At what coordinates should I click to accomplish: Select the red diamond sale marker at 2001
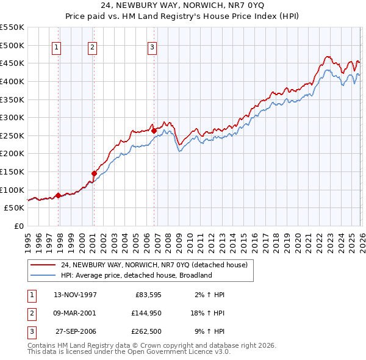pos(94,173)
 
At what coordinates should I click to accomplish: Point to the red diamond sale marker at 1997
pos(59,195)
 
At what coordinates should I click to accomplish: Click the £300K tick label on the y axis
pos(12,117)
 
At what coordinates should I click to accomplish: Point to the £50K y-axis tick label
pos(15,207)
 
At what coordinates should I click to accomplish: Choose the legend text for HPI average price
pos(135,275)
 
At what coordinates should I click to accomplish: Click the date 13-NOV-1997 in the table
pos(75,295)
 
